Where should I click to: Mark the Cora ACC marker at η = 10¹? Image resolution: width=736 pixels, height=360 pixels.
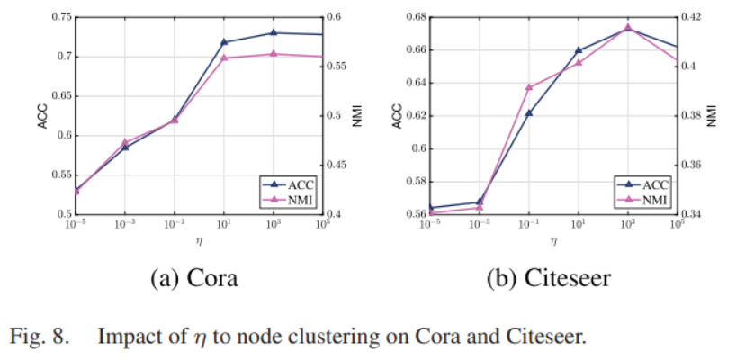click(224, 42)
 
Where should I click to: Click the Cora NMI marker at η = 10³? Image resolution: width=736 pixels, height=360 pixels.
click(274, 54)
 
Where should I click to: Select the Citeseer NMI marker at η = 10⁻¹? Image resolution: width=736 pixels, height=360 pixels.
click(529, 87)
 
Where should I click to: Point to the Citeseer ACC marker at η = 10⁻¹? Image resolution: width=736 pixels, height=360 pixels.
click(529, 113)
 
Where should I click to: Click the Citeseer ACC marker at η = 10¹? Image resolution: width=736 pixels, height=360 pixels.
click(579, 50)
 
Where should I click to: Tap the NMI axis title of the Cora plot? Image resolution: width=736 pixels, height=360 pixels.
click(356, 116)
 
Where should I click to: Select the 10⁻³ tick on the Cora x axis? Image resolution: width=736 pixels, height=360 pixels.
click(125, 224)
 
